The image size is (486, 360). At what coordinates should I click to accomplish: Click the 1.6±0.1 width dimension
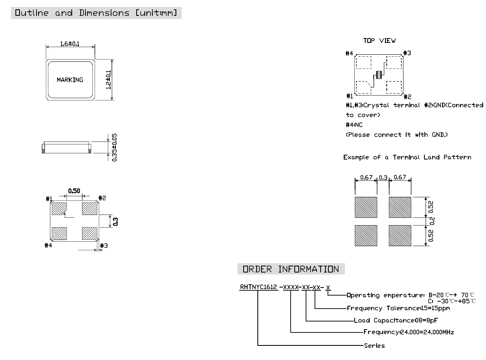[x=71, y=44]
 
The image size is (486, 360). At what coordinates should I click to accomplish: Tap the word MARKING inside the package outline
[x=70, y=80]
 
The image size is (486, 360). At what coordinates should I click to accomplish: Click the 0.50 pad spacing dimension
[x=73, y=190]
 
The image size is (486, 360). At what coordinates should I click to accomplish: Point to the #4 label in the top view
[x=349, y=53]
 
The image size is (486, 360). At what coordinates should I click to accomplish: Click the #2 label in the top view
[x=407, y=96]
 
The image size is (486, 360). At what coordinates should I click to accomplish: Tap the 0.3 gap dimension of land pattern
[x=383, y=177]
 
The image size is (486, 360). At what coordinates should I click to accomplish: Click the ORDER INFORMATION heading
[x=291, y=269]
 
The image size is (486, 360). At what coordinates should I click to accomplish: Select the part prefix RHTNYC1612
[x=258, y=287]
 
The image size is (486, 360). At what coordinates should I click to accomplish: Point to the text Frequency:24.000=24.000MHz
[x=408, y=332]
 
